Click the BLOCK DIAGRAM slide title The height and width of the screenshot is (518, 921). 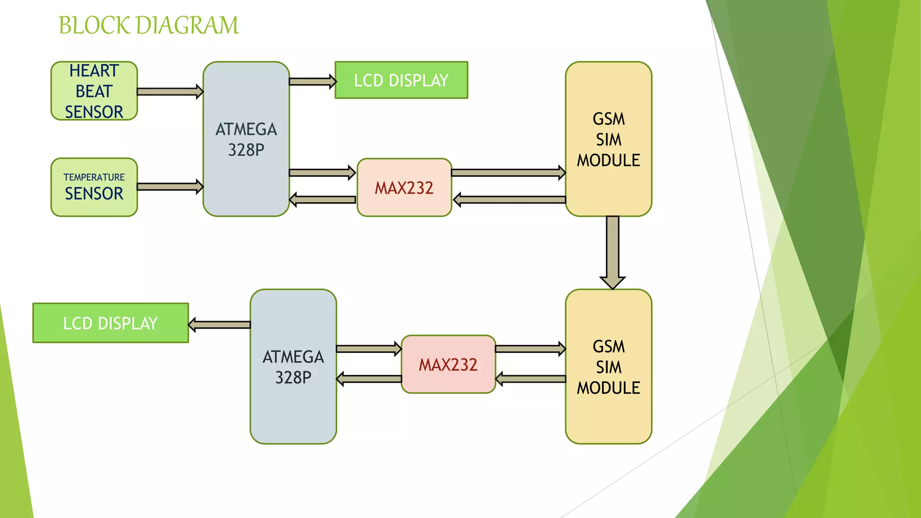pyautogui.click(x=148, y=25)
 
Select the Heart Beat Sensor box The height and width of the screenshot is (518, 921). pyautogui.click(x=94, y=91)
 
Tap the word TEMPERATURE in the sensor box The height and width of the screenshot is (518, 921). pyautogui.click(x=94, y=177)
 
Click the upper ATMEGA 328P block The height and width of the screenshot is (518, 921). pyautogui.click(x=246, y=139)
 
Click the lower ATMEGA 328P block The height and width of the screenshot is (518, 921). pyautogui.click(x=293, y=366)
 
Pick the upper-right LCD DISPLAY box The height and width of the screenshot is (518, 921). pyautogui.click(x=401, y=80)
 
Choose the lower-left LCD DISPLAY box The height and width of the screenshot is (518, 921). pyautogui.click(x=111, y=323)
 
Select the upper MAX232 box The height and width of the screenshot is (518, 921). pyautogui.click(x=404, y=188)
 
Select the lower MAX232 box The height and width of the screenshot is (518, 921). pyautogui.click(x=448, y=364)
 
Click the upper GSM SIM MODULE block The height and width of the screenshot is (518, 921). pyautogui.click(x=608, y=139)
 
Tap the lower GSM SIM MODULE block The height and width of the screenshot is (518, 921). pyautogui.click(x=608, y=367)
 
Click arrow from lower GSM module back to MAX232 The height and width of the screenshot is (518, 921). pyautogui.click(x=530, y=379)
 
